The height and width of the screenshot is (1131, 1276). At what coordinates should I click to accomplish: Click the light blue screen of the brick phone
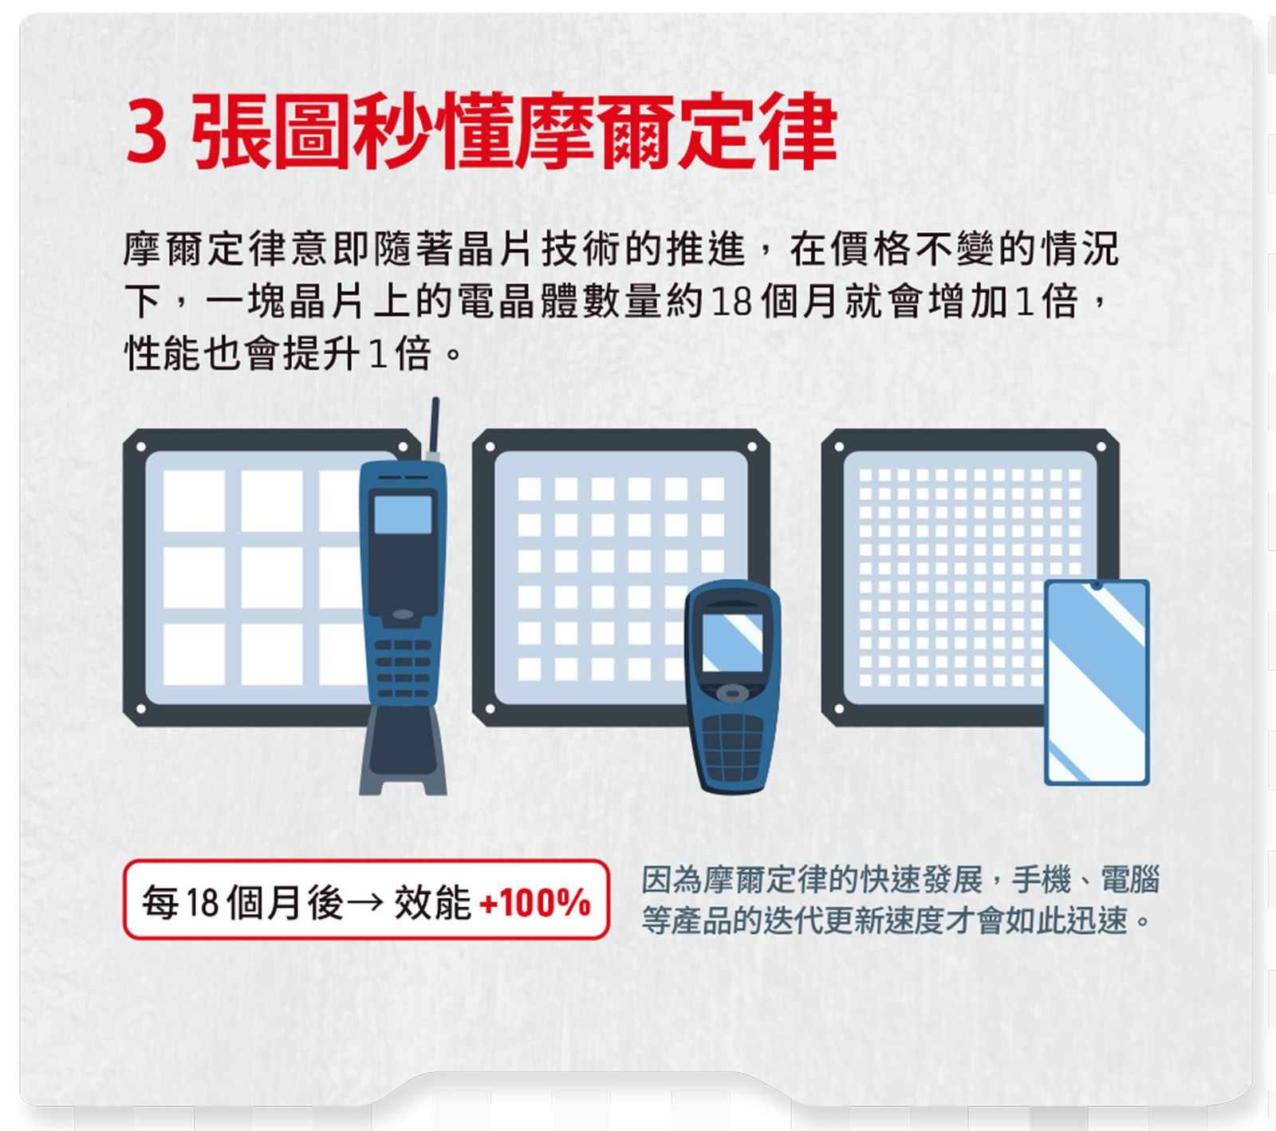tap(403, 514)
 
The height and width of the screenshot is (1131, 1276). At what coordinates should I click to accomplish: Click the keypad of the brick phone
tap(403, 666)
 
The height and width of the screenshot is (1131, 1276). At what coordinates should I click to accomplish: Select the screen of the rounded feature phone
tap(732, 642)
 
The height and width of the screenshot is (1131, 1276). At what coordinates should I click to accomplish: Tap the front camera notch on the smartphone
tap(1097, 585)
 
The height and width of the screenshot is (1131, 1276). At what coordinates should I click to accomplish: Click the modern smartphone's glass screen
tap(1097, 686)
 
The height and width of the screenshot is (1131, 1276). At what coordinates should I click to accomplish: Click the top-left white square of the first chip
tap(194, 501)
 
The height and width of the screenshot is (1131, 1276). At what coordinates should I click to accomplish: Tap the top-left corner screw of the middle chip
tap(490, 447)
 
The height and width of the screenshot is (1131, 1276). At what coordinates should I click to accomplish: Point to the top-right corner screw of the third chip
tap(1101, 447)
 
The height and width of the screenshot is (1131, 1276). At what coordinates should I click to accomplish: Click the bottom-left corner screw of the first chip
tap(141, 708)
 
